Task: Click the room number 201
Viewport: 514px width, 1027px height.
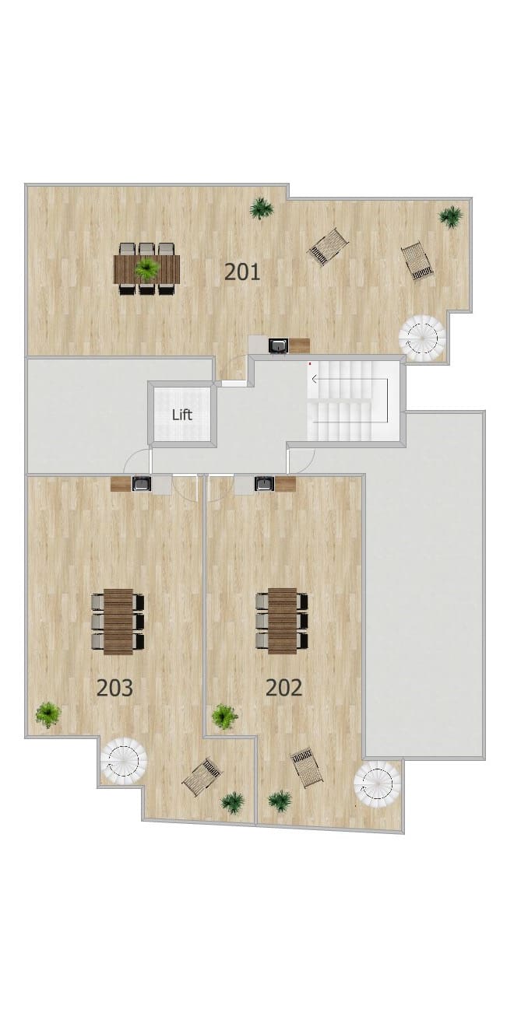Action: (x=242, y=272)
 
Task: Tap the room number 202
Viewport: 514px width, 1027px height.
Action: (x=284, y=688)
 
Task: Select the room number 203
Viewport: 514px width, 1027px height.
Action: (x=114, y=688)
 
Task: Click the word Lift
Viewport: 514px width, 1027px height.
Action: (x=182, y=415)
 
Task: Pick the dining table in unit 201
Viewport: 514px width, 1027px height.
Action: (x=147, y=269)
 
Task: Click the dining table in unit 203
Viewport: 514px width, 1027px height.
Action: (x=118, y=621)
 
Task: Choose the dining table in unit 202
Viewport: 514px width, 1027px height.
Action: (x=282, y=620)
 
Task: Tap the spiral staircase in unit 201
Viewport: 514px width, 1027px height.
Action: (x=422, y=338)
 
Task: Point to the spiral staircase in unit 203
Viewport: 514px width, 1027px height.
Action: (x=124, y=760)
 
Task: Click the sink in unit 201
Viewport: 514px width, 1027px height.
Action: (x=278, y=346)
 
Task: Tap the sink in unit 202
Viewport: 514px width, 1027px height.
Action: (x=264, y=484)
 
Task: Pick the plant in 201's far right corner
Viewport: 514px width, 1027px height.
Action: (x=450, y=216)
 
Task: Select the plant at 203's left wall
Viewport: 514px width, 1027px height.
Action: (x=48, y=714)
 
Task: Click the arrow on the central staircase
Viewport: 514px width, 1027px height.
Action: (x=350, y=379)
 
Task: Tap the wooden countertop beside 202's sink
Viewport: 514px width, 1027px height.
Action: (x=286, y=484)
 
